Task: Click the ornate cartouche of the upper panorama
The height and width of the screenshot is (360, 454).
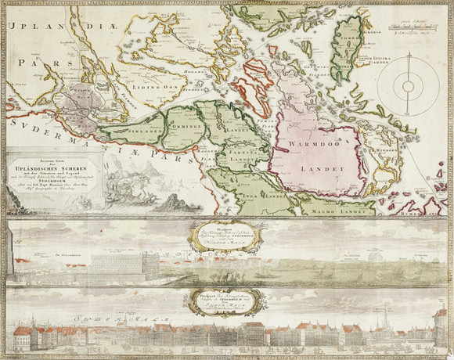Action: pos(226,234)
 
